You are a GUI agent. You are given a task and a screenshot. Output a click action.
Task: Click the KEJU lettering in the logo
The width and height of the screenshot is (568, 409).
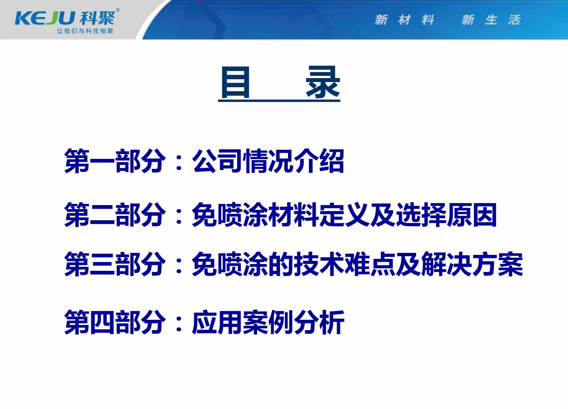45,18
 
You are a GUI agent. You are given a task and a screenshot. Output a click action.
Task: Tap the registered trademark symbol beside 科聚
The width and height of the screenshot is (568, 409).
118,10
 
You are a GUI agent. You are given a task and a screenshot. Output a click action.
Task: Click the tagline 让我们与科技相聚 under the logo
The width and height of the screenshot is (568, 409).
85,31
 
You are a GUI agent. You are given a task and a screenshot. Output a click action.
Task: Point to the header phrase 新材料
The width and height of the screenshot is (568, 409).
405,20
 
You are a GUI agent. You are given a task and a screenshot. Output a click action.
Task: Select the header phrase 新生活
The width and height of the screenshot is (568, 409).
491,20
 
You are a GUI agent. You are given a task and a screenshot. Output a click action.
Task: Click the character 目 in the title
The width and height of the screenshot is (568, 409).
236,82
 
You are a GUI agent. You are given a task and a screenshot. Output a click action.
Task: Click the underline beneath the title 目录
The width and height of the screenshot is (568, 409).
279,101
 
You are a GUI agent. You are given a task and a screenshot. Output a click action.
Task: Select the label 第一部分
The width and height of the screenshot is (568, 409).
115,161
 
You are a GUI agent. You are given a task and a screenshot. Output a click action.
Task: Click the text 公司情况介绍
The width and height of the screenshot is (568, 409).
268,161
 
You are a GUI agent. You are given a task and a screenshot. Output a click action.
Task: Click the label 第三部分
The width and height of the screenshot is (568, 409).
115,264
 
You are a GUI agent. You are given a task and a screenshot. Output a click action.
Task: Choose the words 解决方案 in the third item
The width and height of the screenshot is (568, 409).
472,264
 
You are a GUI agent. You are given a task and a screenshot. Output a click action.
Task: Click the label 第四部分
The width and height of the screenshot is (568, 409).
115,322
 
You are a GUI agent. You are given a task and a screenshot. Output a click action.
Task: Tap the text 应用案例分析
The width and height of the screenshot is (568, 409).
268,322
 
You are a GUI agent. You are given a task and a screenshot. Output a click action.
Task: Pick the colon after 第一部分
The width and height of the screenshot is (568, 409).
179,163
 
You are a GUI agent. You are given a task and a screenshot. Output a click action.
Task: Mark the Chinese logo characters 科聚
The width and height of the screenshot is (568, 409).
97,18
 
